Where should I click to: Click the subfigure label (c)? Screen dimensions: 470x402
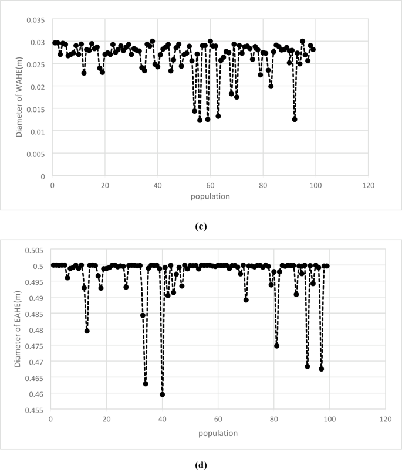click(201, 225)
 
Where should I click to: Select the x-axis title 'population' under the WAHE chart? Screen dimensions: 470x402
click(210, 196)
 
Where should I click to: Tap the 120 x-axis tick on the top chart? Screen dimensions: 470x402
click(368, 186)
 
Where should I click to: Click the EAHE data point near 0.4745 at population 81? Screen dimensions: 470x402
click(276, 346)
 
